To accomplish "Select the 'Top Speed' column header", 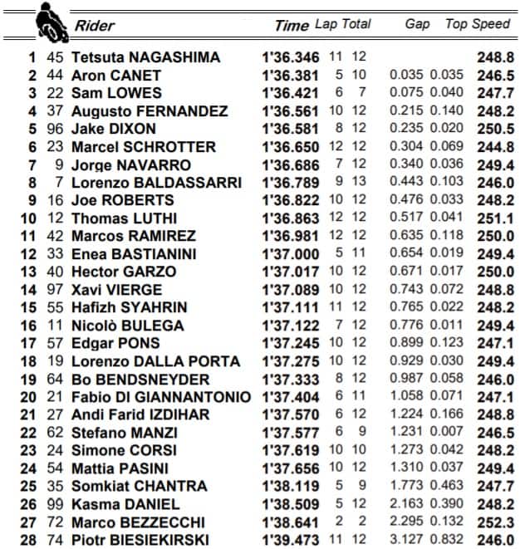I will [x=478, y=24].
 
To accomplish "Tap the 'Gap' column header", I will [x=417, y=24].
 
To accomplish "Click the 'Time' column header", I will [x=291, y=25].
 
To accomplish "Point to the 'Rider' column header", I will [x=94, y=25].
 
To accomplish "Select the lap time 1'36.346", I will [x=291, y=57].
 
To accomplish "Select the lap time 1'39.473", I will [x=291, y=540].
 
